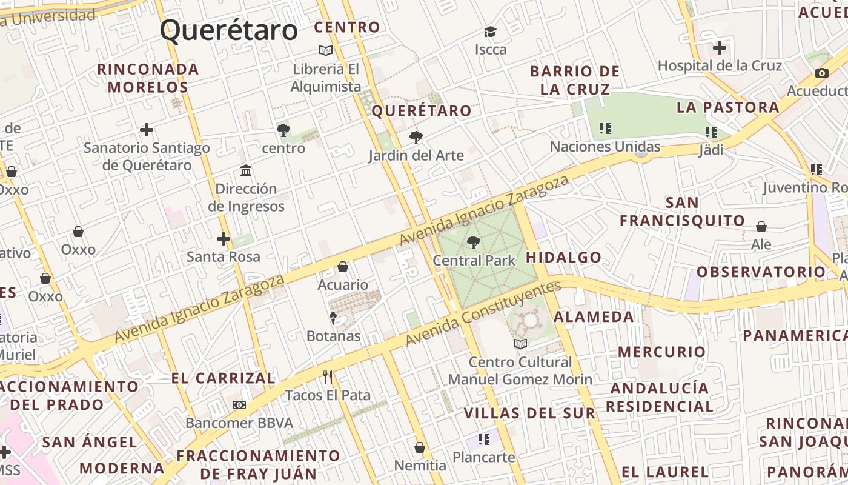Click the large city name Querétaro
point(229,30)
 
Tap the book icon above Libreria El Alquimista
point(326,50)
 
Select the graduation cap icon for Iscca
point(490,32)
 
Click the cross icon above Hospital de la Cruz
point(719,47)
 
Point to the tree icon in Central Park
point(474,242)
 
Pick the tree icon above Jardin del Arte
point(416,138)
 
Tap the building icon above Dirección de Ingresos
point(246,170)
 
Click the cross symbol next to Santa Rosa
point(224,239)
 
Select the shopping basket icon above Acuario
point(343,267)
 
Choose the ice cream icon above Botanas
point(333,318)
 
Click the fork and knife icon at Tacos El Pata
point(328,377)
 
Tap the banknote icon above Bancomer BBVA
point(239,405)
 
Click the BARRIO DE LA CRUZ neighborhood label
point(574,80)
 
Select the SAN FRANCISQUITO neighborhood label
point(682,211)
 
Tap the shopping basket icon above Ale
point(761,227)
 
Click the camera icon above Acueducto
point(821,73)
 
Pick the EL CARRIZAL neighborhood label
point(223,378)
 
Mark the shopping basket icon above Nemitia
point(420,447)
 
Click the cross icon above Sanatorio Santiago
point(146,130)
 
